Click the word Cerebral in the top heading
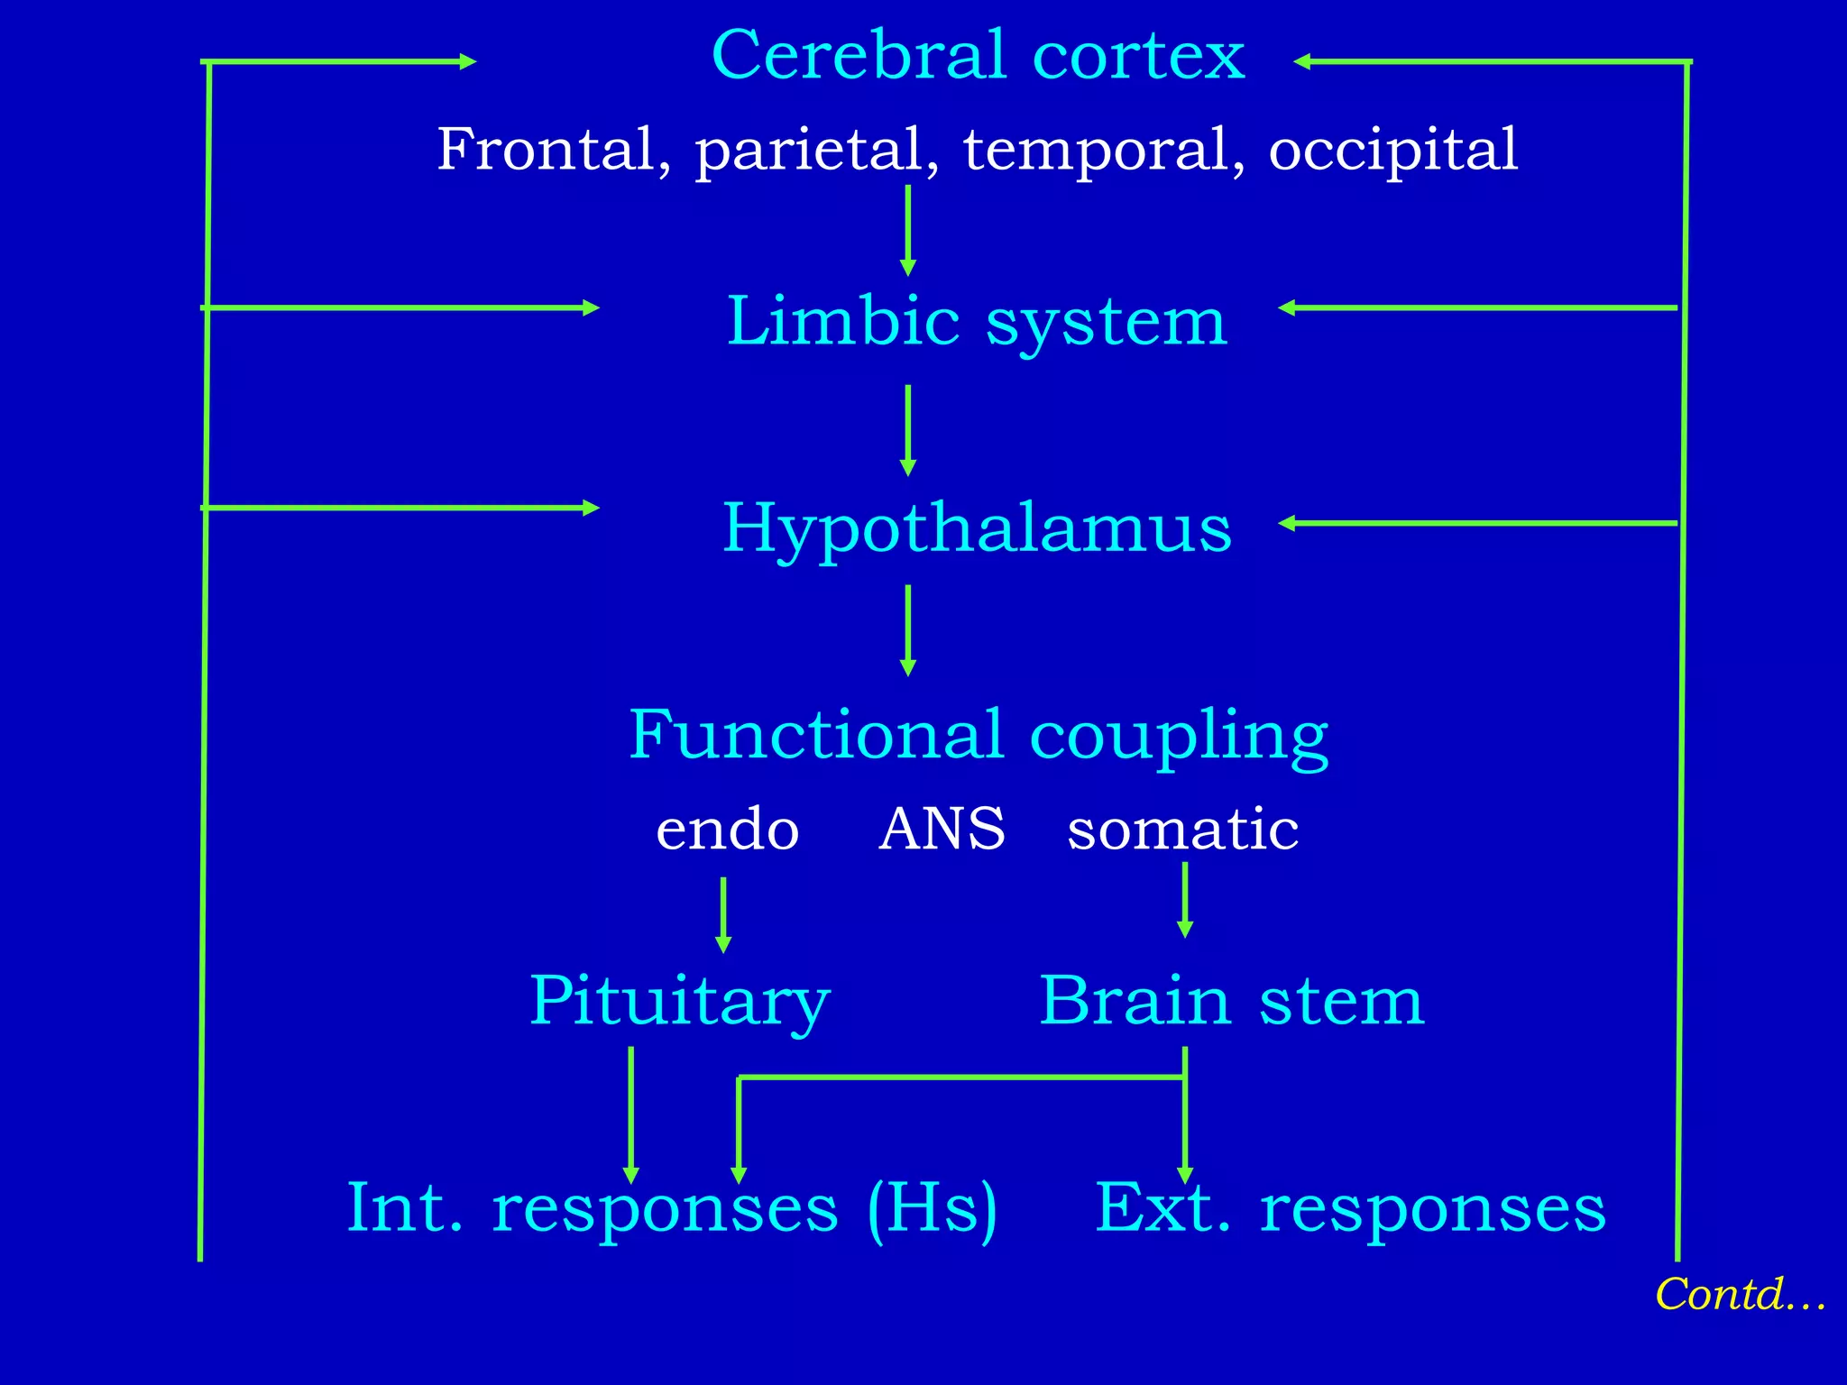tap(859, 56)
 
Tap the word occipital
tap(1392, 150)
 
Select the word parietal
tap(817, 150)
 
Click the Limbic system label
tap(977, 322)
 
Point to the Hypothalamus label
tap(977, 528)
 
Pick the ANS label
tap(942, 829)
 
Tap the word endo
tap(727, 830)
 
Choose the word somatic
tap(1182, 830)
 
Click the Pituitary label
tap(678, 1001)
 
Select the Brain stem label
tap(1231, 1001)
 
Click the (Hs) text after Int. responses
tap(932, 1208)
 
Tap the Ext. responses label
tap(1350, 1208)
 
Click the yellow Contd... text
tap(1739, 1295)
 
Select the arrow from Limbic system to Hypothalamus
tap(908, 430)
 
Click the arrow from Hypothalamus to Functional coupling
tap(908, 629)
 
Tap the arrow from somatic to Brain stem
tap(1185, 900)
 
